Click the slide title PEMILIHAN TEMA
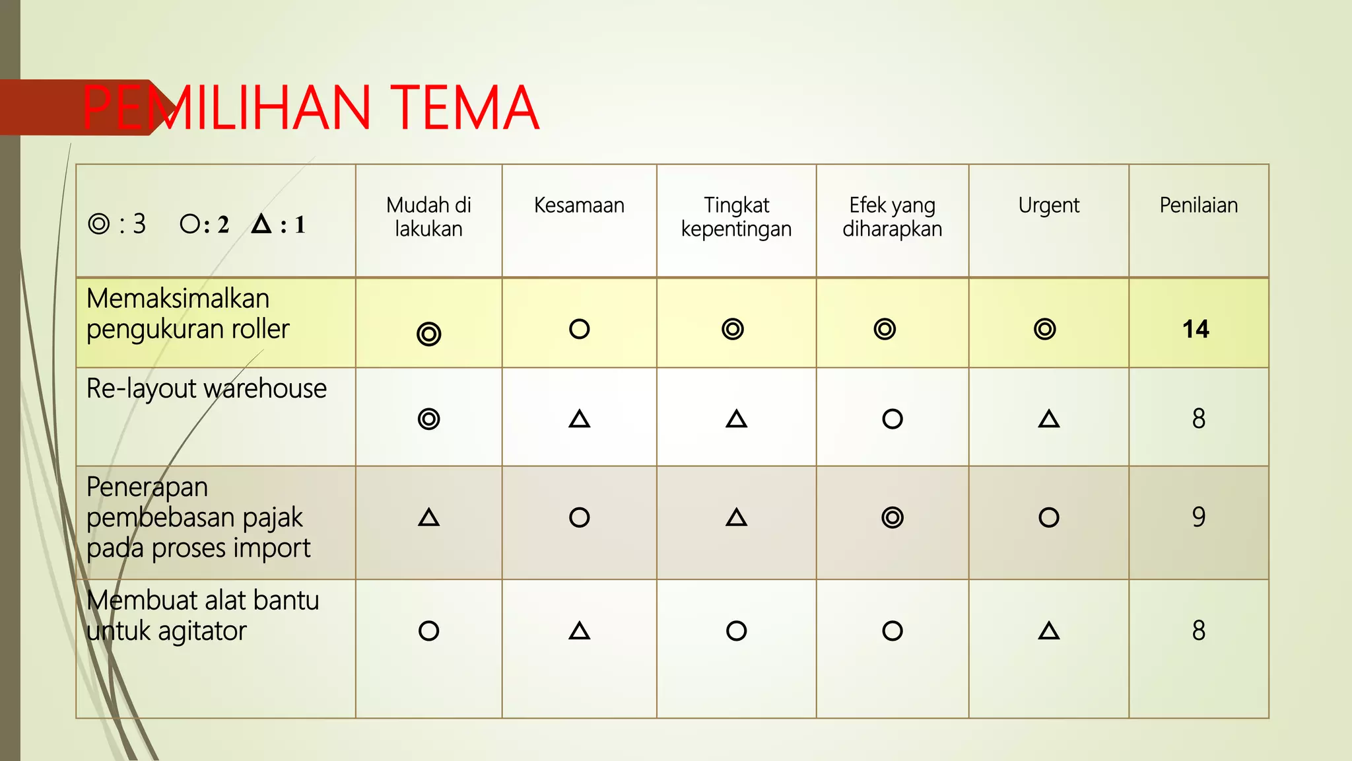[310, 108]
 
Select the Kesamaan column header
[579, 205]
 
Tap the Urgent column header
[1048, 205]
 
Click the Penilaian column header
[1198, 205]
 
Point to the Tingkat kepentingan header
[736, 217]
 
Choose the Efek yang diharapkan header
[892, 217]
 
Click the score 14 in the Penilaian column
[1196, 329]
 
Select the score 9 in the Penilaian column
[1198, 517]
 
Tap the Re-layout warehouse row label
[207, 388]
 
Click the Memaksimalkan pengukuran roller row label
[188, 314]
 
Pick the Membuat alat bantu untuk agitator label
[203, 616]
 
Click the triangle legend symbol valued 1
[261, 224]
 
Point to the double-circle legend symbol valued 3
[99, 224]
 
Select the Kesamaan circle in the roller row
[579, 329]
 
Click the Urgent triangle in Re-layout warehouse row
[1048, 419]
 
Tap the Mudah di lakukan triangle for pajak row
[428, 517]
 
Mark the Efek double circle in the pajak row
[892, 517]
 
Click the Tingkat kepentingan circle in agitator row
[736, 631]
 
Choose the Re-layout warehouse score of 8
[1198, 419]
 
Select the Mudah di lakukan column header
[428, 217]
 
